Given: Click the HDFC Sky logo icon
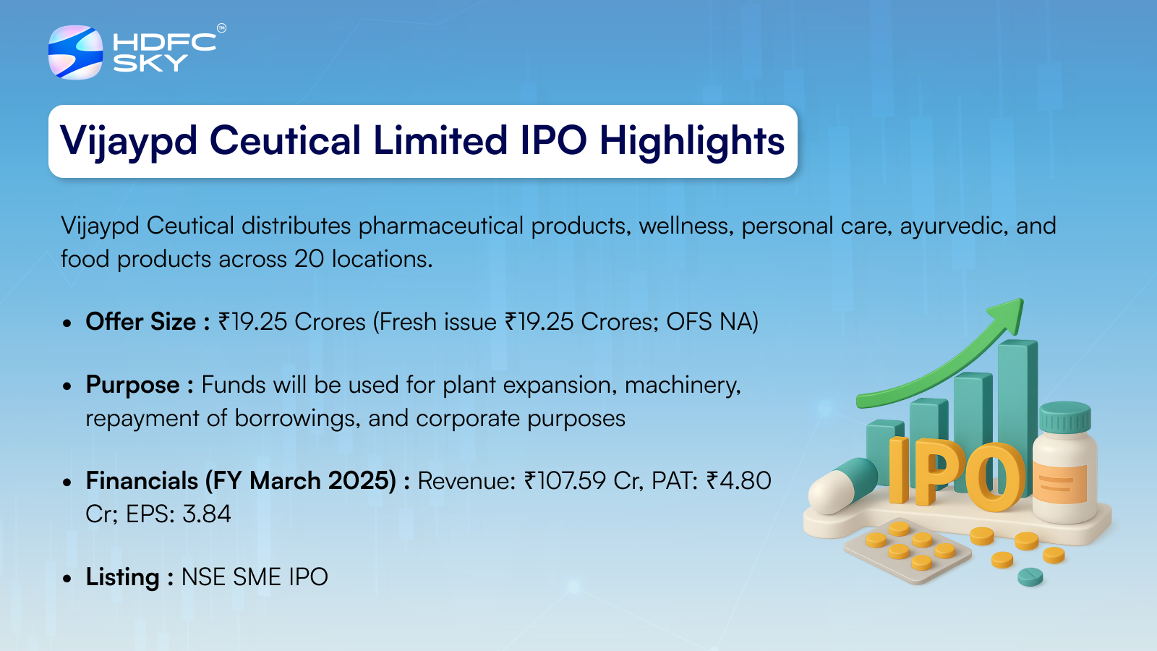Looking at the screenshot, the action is coord(75,52).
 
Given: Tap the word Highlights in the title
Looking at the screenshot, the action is coord(692,142).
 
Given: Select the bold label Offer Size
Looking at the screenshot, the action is coord(141,321).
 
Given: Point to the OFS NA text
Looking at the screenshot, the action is coord(712,321).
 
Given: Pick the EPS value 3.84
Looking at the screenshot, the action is coord(207,514).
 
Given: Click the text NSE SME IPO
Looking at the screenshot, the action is coord(255,576).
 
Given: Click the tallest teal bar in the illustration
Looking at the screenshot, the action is coord(1017,408).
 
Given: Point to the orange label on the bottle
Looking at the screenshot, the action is coord(1060,484).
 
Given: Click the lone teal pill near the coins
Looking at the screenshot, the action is coord(1030,576).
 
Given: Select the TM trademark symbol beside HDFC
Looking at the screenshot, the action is coord(221,28).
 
